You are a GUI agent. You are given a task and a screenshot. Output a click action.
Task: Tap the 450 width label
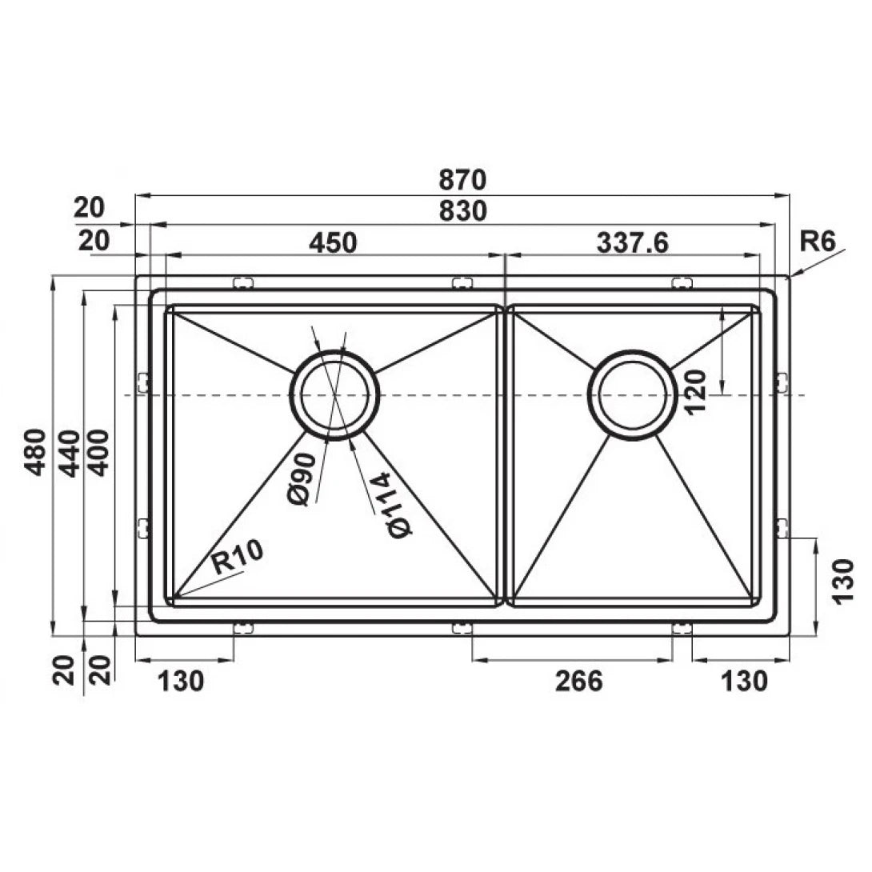click(x=331, y=242)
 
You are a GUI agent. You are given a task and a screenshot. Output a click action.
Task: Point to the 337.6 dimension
click(x=632, y=242)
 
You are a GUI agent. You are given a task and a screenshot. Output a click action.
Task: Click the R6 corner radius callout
click(x=818, y=240)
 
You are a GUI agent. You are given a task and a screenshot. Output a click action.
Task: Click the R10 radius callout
click(x=238, y=556)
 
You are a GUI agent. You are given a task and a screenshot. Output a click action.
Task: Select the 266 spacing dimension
click(x=578, y=682)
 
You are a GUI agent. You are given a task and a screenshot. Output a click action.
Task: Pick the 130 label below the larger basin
click(x=180, y=682)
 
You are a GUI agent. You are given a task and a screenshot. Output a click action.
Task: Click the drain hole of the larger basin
click(x=334, y=395)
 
